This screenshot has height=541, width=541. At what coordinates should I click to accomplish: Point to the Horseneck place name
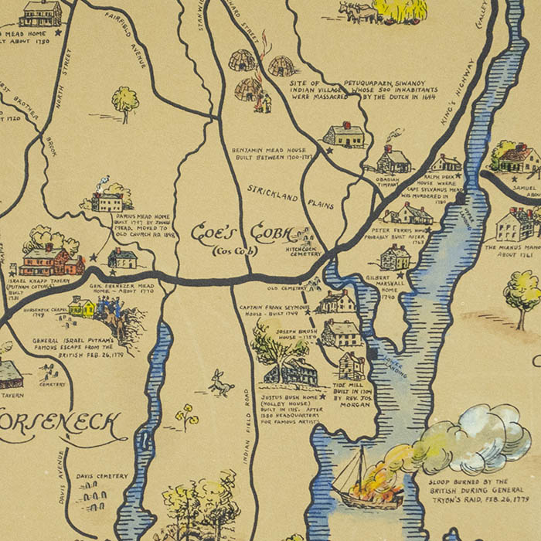click(x=62, y=424)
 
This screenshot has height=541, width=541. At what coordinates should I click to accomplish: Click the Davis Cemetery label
click(x=102, y=476)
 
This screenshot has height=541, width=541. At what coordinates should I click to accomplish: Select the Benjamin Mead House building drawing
click(x=344, y=136)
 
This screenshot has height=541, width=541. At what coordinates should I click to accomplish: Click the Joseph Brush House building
click(x=341, y=333)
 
